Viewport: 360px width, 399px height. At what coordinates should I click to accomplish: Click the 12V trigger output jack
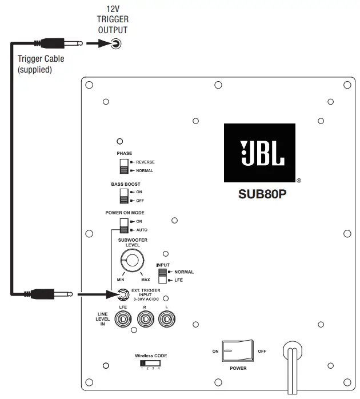tap(117, 43)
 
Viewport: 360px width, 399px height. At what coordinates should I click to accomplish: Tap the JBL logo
tap(259, 153)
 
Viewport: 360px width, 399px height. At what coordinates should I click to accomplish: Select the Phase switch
tap(124, 166)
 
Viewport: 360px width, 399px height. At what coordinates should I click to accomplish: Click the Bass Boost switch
tap(124, 196)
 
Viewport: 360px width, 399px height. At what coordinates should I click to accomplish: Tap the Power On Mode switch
tap(124, 225)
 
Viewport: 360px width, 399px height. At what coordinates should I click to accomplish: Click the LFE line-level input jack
tap(123, 321)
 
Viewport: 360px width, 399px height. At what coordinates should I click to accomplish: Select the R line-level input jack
tap(145, 321)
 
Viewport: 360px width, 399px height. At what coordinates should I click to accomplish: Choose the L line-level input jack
tap(166, 321)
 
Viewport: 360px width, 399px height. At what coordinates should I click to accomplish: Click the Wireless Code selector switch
tap(150, 363)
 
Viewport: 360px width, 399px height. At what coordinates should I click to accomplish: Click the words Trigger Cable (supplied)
tap(41, 63)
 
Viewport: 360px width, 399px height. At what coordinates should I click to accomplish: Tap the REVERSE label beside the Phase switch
tap(145, 162)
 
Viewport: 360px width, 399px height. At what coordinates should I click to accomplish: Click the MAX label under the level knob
tap(145, 280)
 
